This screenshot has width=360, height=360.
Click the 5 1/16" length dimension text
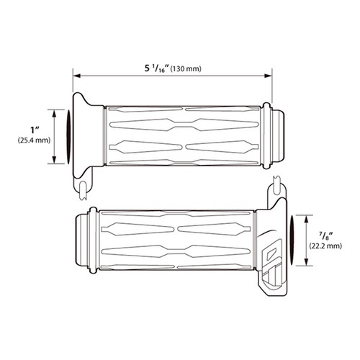coord(157,68)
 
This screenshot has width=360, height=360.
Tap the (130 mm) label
coord(186,69)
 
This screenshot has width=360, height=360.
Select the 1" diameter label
coord(35,130)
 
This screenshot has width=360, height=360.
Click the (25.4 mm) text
coord(34,140)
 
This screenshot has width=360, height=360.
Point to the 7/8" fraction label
coord(326,236)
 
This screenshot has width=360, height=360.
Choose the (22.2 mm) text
coord(325,246)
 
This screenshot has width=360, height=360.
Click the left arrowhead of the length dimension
coord(76,76)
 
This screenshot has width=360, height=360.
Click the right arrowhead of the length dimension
coord(268,76)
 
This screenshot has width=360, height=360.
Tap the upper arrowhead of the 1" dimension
coord(55,113)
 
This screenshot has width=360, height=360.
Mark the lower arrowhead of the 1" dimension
coord(55,160)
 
